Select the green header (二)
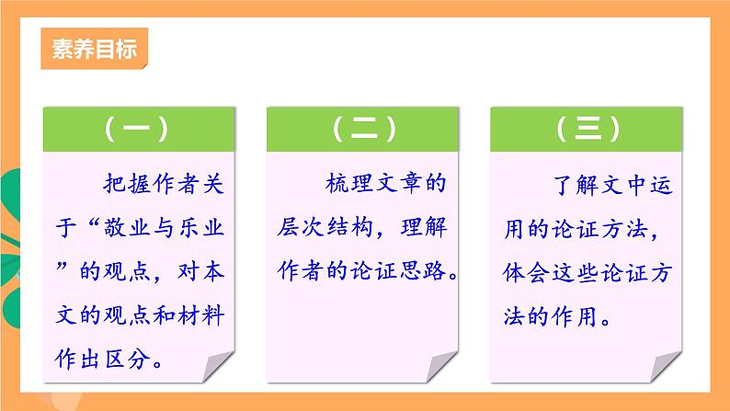click(x=365, y=130)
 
